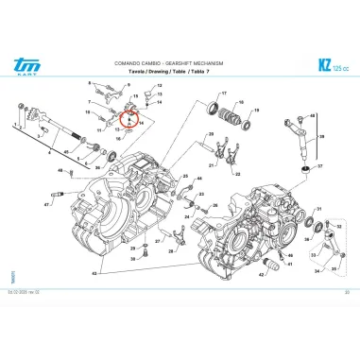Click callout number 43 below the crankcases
(x=94, y=273)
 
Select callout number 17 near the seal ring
(x=224, y=94)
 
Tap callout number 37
(x=319, y=163)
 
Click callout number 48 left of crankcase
(x=60, y=170)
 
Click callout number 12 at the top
(x=160, y=85)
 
